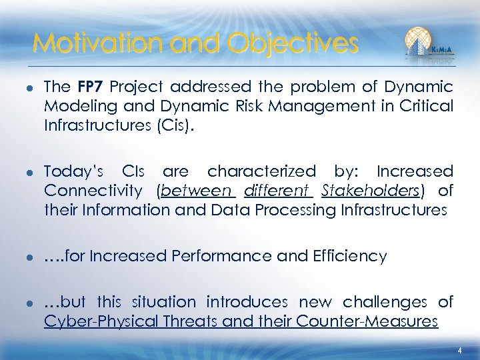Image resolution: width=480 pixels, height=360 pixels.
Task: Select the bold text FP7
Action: (x=91, y=87)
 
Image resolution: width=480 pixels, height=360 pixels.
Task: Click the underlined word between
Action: (x=197, y=191)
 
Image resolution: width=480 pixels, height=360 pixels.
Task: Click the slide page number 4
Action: (x=459, y=351)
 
